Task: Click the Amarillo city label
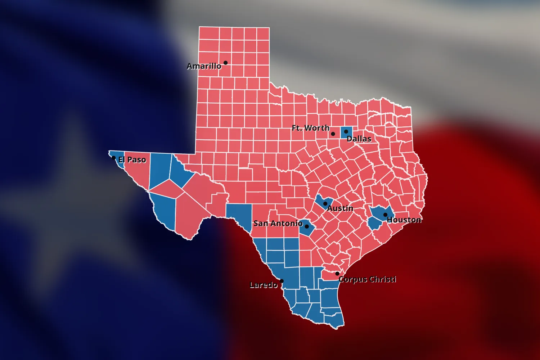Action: (204, 66)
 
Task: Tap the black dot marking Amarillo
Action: (225, 63)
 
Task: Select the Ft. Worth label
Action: (310, 128)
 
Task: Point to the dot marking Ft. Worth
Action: (333, 134)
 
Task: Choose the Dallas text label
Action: (359, 139)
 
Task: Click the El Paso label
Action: (132, 160)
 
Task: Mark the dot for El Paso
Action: (114, 158)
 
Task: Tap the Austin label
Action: (340, 208)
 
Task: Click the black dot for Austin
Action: (325, 204)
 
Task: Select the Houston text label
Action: (404, 220)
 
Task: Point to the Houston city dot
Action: (385, 215)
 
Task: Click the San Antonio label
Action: (278, 224)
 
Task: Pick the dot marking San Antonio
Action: (307, 226)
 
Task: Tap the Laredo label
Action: (264, 285)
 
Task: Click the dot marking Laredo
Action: (282, 281)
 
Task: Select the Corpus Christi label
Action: (367, 279)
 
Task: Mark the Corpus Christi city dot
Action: (337, 274)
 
